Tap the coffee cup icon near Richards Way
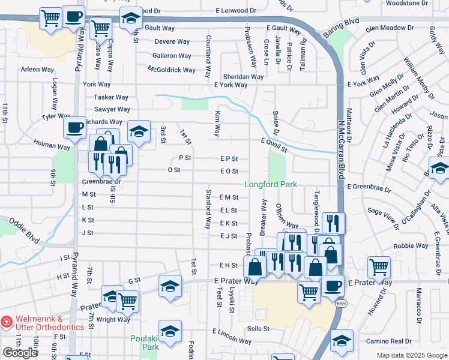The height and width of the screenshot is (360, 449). [74, 128]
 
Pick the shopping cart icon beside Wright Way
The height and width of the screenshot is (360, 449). [127, 302]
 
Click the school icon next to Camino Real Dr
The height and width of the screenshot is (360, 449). [342, 341]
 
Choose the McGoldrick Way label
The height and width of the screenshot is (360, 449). [172, 70]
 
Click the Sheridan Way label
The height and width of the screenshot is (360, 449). [243, 77]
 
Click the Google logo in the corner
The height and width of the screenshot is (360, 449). [20, 353]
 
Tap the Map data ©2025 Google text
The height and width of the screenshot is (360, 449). [411, 355]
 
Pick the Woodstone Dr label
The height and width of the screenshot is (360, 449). [406, 3]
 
